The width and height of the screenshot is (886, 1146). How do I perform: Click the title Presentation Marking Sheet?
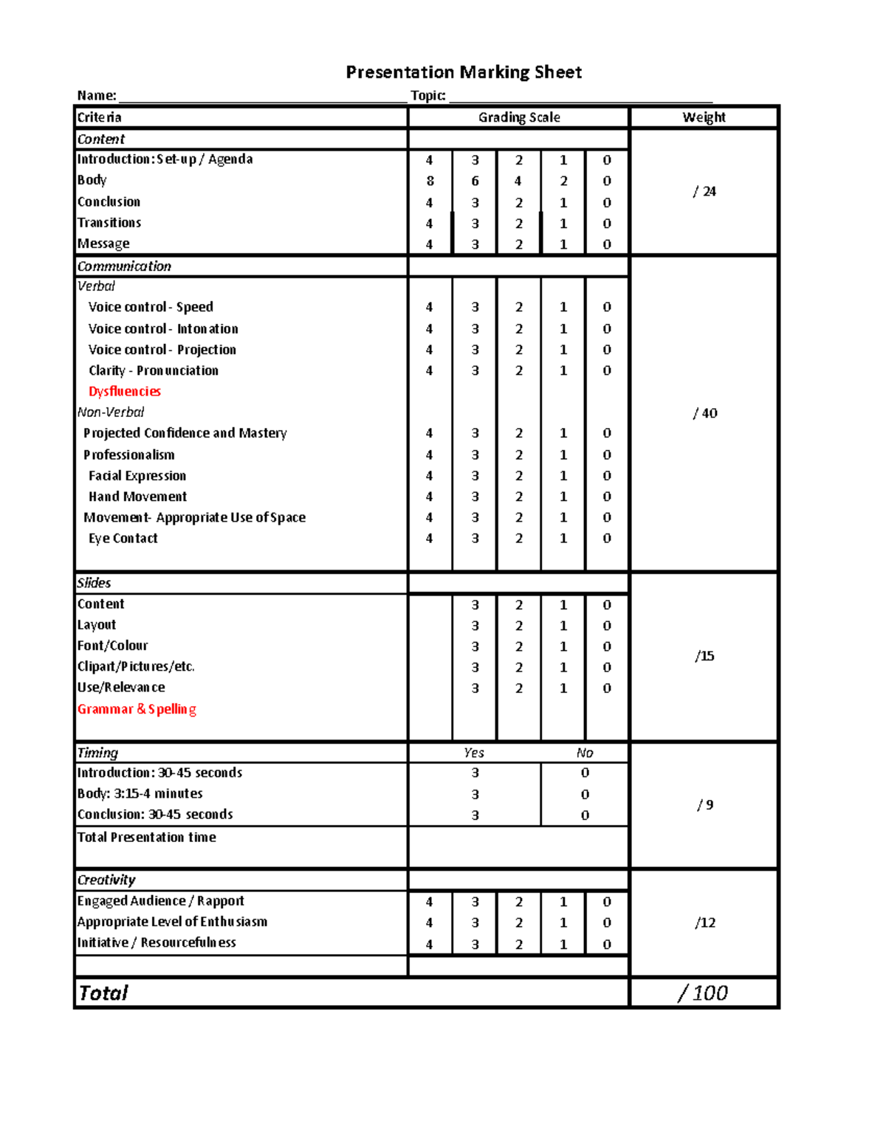[464, 72]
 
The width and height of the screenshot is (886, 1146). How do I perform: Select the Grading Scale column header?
[518, 117]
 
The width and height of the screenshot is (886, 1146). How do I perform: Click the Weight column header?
[704, 117]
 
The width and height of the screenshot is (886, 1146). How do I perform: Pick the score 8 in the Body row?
[430, 181]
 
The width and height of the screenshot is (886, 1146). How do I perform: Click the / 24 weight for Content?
[704, 192]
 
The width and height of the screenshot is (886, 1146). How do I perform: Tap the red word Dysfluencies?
[124, 391]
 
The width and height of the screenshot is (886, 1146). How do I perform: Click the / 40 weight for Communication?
[704, 413]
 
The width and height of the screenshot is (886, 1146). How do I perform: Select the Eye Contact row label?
[123, 539]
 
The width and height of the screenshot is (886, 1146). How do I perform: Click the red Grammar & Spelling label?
[137, 709]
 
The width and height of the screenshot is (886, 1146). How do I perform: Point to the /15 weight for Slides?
[704, 656]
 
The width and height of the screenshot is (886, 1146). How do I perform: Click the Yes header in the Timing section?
[474, 753]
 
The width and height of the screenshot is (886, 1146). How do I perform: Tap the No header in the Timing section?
[585, 753]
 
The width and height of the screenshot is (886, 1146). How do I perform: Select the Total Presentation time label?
[146, 838]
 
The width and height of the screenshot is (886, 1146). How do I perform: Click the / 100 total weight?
[703, 993]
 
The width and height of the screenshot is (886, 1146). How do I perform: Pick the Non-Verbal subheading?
[111, 413]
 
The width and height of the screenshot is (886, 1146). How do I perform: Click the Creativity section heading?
[106, 880]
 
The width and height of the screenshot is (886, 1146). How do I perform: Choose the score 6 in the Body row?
[475, 181]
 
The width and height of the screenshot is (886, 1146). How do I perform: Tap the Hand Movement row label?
[137, 497]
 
